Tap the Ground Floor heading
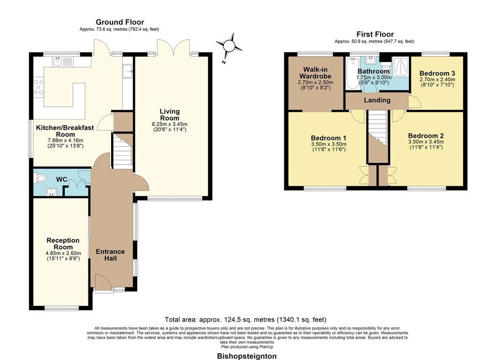point(120,22)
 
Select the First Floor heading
point(375,34)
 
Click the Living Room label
point(170,114)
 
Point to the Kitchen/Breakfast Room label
point(65,131)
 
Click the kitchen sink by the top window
point(63,61)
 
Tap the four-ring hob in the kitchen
point(39,87)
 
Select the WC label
point(61,180)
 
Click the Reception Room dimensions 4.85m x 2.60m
point(63,253)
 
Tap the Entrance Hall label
point(110,255)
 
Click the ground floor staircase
point(122,151)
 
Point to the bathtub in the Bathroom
point(351,74)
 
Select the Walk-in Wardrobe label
point(315,73)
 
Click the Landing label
point(377,100)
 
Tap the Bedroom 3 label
point(437,74)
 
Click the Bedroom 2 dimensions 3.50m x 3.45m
point(426,142)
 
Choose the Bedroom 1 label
point(328,138)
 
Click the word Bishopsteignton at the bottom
point(247,356)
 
